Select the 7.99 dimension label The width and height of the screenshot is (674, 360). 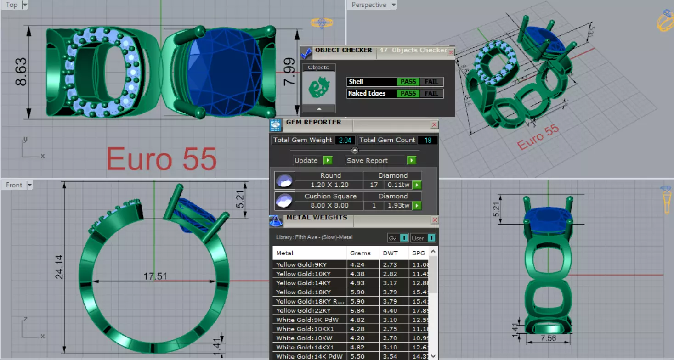[289, 71]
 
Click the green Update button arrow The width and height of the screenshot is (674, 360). [327, 160]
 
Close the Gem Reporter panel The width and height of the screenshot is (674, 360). [434, 125]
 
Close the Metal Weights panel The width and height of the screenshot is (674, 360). [435, 220]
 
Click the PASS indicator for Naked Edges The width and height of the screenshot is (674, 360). [408, 94]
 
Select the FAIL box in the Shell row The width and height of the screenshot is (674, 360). [431, 82]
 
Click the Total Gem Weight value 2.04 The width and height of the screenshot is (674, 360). [344, 140]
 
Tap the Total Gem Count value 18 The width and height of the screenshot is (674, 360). [428, 140]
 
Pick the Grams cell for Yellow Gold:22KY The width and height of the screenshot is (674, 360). [357, 310]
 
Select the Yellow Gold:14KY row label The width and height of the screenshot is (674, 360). [303, 283]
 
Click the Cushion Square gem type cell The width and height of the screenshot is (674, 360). [330, 196]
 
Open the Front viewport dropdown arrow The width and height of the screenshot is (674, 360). [29, 185]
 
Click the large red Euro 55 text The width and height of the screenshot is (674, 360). [161, 159]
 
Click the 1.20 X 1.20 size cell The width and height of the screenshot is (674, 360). [329, 185]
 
